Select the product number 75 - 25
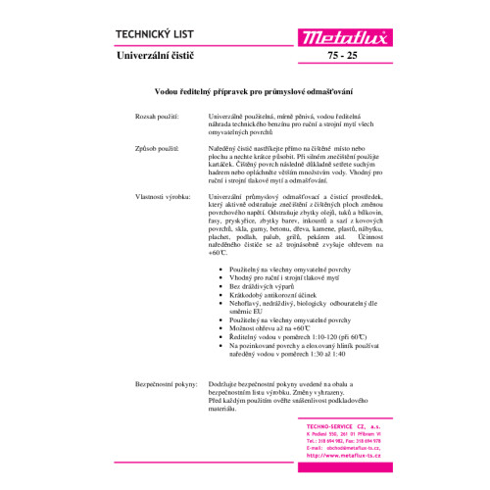click(x=358, y=59)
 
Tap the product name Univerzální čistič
click(x=162, y=58)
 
